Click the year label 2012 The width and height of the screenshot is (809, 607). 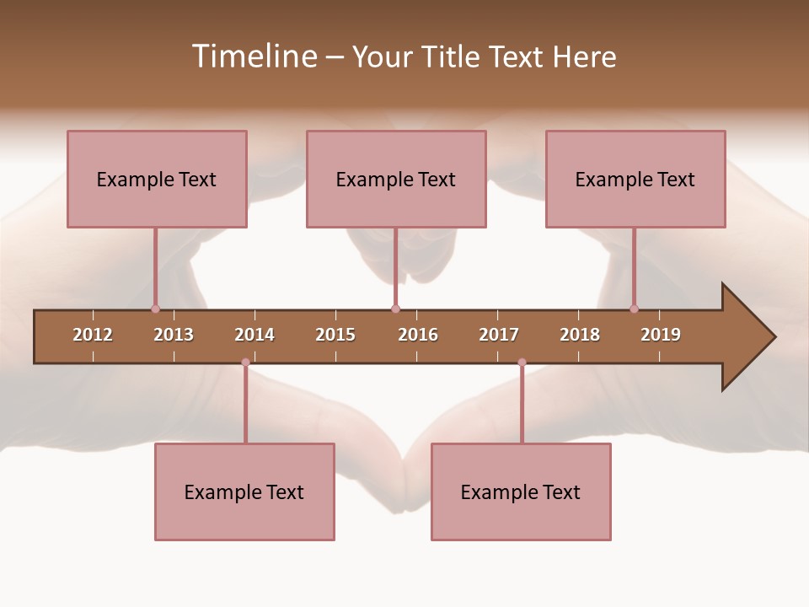pos(93,335)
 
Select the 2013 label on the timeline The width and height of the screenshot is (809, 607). pos(174,335)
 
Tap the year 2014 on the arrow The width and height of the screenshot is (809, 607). pos(254,335)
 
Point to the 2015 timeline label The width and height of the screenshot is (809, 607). pos(335,335)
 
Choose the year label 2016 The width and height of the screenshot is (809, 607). pos(418,335)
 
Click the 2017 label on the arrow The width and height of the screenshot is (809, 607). pos(499,335)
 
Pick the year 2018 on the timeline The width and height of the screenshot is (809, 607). pos(580,335)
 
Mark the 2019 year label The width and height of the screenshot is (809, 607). pos(661,335)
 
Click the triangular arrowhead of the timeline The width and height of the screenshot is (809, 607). pos(746,337)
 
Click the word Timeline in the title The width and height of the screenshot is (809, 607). pos(253,56)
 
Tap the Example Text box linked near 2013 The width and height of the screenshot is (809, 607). pos(157,179)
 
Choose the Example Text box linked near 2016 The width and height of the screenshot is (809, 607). pos(396,179)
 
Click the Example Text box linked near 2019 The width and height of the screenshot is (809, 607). pos(635,179)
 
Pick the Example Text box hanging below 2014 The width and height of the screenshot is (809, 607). pos(244,492)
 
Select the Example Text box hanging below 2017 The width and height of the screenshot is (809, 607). pos(521,492)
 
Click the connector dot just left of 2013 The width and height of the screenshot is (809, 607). pos(155,309)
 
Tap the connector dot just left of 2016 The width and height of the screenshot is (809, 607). pos(395,309)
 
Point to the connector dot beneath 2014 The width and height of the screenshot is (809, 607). pos(245,363)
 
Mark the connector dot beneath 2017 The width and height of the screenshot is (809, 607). pos(522,363)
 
